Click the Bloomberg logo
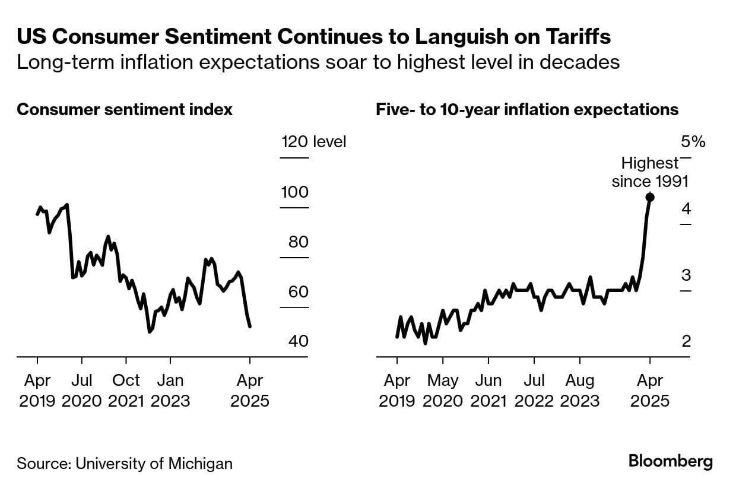pos(670,462)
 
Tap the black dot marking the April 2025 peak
pos(650,197)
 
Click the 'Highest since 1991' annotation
pos(650,172)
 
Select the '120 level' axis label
pos(313,142)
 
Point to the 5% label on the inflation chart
pos(693,142)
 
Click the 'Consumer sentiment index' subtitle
pos(125,110)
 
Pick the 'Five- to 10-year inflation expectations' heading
pos(527,110)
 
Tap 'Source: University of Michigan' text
pos(125,463)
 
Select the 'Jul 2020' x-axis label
pos(82,390)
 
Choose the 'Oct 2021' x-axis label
pos(126,390)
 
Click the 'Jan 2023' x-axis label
pos(170,390)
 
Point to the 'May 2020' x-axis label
pos(443,390)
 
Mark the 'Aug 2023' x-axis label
pos(579,390)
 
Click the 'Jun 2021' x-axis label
pos(488,390)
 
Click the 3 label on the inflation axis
pos(686,275)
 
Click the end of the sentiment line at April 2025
pos(250,326)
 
